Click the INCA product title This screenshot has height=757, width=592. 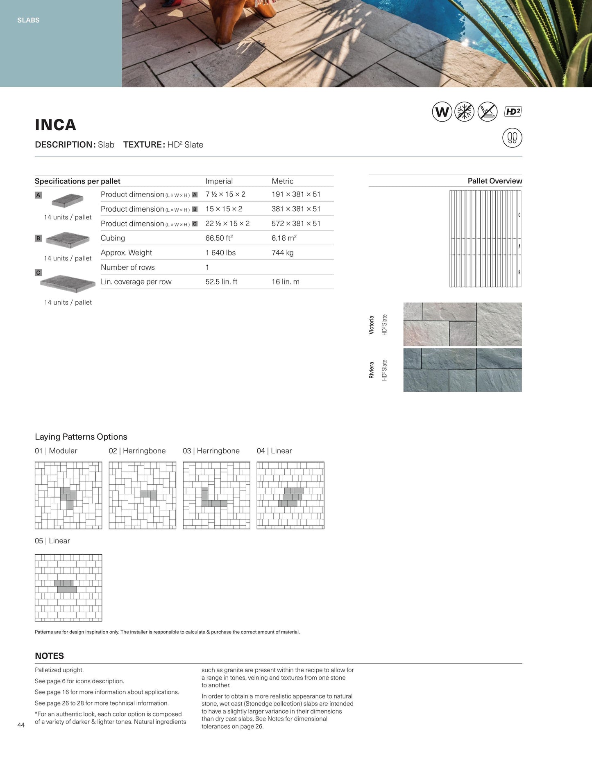(55, 125)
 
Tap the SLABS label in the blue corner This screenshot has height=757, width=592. (28, 20)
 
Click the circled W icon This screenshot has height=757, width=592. (442, 112)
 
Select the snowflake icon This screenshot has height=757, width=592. (464, 112)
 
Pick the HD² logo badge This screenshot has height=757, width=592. (513, 112)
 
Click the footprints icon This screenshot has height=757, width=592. (512, 138)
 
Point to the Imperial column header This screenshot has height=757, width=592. (219, 181)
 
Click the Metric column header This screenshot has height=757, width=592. (282, 181)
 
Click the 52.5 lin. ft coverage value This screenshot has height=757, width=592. (221, 282)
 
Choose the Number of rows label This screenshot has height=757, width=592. (128, 267)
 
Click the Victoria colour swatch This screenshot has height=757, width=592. (462, 324)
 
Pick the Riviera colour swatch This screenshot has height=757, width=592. (462, 370)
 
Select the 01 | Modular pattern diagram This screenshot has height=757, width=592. (68, 495)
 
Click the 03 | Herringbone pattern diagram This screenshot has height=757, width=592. (216, 495)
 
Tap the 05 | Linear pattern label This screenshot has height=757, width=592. (52, 541)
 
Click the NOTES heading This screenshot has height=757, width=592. (49, 656)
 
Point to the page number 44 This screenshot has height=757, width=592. (21, 725)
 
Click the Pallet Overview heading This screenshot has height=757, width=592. (494, 181)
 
